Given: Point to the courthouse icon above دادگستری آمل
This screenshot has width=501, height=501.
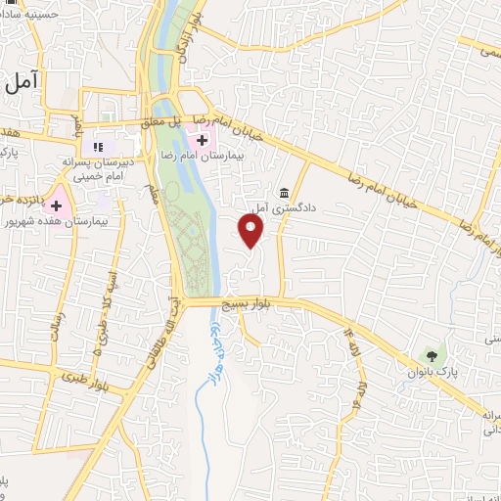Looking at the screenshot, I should pos(285,192).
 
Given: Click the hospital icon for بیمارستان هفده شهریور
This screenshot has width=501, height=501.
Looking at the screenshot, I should pos(57,205).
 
